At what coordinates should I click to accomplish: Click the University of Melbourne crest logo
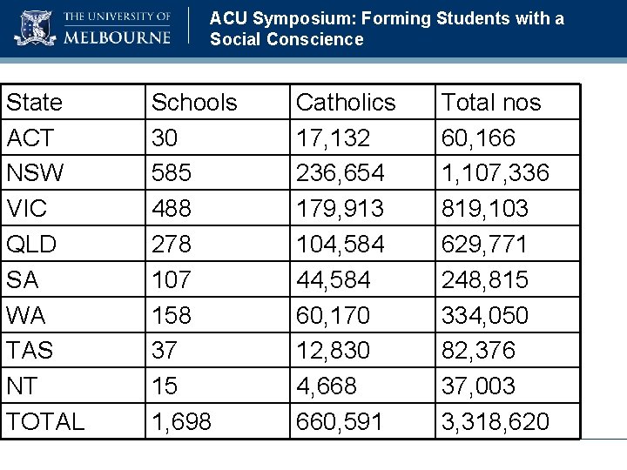click(x=35, y=28)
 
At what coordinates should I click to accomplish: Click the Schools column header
click(x=194, y=103)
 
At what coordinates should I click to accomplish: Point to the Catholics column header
click(x=346, y=103)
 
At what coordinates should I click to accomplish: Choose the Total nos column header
click(x=491, y=103)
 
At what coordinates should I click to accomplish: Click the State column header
click(x=35, y=103)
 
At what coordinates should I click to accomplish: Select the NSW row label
click(x=35, y=173)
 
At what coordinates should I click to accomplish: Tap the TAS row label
click(x=30, y=351)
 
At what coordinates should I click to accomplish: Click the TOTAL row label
click(x=45, y=422)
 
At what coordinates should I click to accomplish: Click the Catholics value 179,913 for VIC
click(x=340, y=209)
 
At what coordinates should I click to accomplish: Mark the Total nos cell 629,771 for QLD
click(x=485, y=245)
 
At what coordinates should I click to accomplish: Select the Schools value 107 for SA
click(x=171, y=280)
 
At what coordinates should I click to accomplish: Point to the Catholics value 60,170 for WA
click(x=334, y=315)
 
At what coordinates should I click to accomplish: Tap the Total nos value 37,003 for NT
click(x=479, y=386)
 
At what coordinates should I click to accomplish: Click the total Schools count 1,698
click(x=180, y=422)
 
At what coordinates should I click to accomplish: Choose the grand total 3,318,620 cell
click(x=496, y=422)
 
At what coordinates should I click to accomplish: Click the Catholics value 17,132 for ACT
click(x=334, y=138)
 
